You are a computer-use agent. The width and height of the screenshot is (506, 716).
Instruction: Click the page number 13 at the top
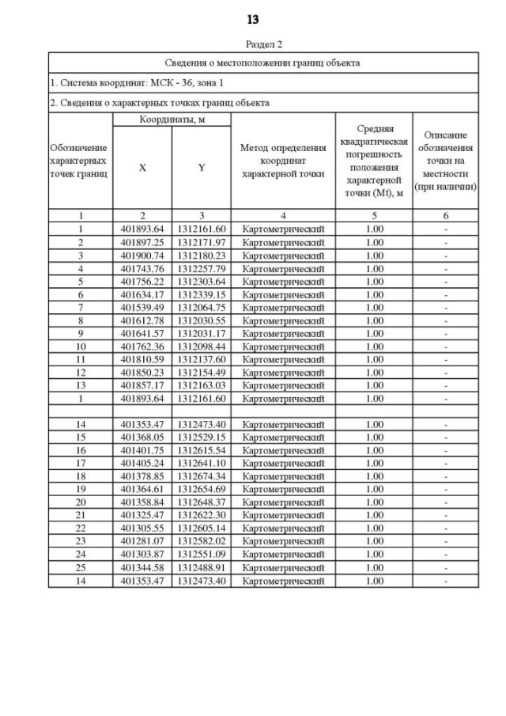[253, 19]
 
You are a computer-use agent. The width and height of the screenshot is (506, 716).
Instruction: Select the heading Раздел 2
[263, 44]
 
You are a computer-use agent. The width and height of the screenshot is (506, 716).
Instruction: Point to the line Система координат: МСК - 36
[125, 82]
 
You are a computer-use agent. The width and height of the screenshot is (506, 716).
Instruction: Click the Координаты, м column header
[172, 119]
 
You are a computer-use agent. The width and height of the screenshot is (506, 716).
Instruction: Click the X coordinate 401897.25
[142, 242]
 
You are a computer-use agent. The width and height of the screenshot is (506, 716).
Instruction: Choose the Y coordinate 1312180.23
[202, 256]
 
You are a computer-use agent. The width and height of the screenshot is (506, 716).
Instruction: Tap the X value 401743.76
[142, 269]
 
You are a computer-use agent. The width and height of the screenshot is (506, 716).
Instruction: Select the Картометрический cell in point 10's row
[282, 346]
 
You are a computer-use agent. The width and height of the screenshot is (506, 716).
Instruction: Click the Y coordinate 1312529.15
[202, 438]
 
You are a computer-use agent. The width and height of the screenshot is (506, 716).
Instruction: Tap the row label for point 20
[81, 502]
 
